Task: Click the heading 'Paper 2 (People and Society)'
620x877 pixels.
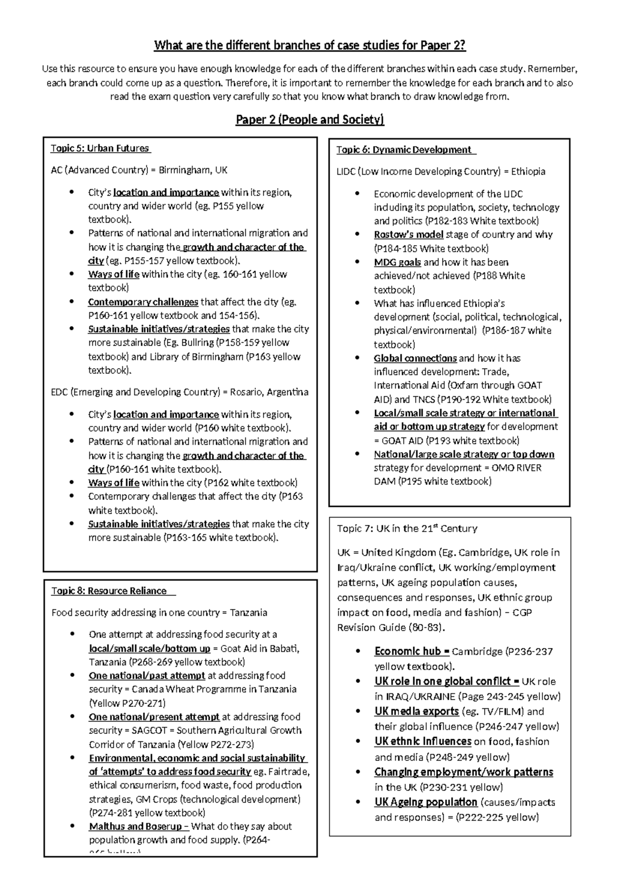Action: [x=310, y=120]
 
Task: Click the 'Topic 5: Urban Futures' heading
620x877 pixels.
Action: [x=100, y=148]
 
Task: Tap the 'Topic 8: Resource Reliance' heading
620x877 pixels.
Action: [x=109, y=591]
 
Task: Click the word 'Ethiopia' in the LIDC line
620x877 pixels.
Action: [x=528, y=172]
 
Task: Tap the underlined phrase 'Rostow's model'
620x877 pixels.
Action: [x=408, y=235]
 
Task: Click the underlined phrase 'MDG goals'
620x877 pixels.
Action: [x=397, y=262]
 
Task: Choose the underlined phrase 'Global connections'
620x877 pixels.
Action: [x=415, y=358]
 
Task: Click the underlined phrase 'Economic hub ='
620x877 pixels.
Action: [x=412, y=652]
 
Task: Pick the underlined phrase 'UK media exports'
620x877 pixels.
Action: [x=416, y=712]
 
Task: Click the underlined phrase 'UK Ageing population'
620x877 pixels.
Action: [x=426, y=803]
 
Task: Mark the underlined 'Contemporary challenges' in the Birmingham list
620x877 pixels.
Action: [x=143, y=302]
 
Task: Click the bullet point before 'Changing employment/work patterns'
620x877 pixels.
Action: [x=358, y=773]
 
